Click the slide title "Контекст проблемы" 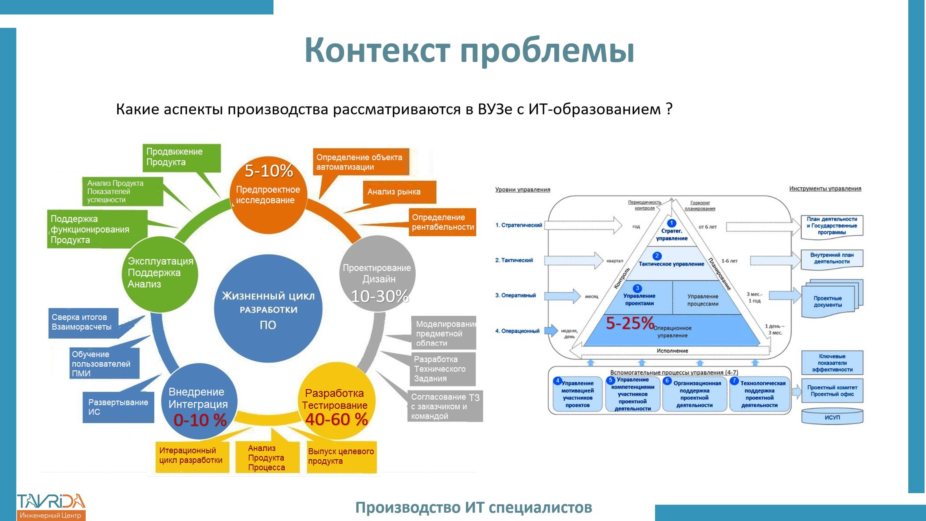click(x=469, y=50)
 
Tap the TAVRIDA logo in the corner click(x=51, y=506)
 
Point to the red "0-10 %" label click(x=200, y=420)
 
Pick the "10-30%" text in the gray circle click(x=380, y=296)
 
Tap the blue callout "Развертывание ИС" click(x=118, y=407)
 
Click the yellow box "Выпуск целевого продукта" click(x=341, y=456)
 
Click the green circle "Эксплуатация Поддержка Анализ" click(x=160, y=273)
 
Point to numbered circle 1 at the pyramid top click(x=671, y=223)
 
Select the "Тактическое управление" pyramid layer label click(x=671, y=264)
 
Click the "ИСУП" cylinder click(x=832, y=417)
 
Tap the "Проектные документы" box click(x=828, y=301)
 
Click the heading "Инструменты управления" click(x=825, y=188)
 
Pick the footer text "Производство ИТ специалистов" click(x=473, y=508)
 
